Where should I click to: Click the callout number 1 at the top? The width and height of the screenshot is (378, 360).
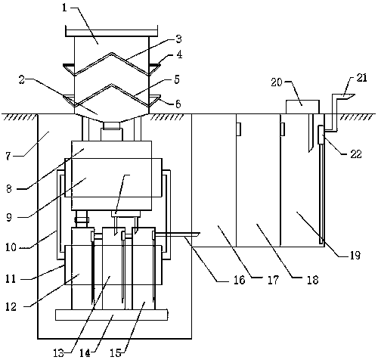[x=65, y=8]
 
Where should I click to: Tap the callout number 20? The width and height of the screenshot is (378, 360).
[x=277, y=82]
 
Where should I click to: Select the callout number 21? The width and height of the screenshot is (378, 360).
[x=362, y=78]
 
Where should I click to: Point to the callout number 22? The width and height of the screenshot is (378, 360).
[x=356, y=154]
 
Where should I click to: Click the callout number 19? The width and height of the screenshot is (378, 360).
[x=355, y=256]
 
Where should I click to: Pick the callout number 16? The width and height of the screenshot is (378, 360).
[x=239, y=280]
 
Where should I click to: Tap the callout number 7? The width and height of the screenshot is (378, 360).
[x=8, y=156]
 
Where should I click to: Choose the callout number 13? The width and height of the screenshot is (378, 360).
[x=59, y=353]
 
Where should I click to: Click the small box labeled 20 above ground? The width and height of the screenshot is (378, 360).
[x=302, y=107]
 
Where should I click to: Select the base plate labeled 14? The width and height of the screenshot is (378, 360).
[x=111, y=315]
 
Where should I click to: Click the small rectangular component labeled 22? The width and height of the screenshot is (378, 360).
[x=322, y=135]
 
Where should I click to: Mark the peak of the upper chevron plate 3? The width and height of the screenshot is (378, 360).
[x=112, y=53]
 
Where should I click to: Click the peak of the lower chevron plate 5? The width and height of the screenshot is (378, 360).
[x=112, y=85]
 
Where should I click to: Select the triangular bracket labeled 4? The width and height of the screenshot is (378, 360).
[x=154, y=68]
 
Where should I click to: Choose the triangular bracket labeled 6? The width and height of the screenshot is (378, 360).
[x=155, y=99]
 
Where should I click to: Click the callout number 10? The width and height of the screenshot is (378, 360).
[x=11, y=247]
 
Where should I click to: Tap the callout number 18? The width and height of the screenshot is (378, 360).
[x=313, y=280]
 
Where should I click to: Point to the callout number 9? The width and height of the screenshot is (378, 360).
[x=9, y=217]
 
